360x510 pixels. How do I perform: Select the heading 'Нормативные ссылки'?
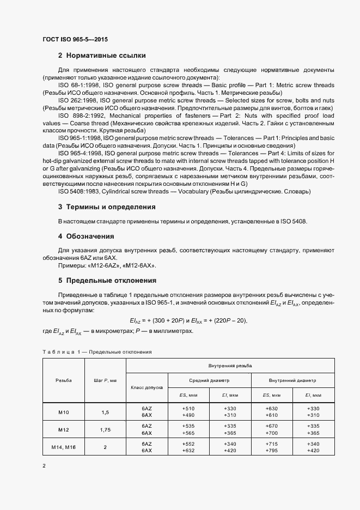106,55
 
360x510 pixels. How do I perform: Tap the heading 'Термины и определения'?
111,207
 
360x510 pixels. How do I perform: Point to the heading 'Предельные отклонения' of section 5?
111,281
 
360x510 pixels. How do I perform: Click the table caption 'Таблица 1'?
60,352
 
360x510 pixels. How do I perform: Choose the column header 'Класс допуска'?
146,387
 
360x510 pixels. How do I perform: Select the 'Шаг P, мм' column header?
105,380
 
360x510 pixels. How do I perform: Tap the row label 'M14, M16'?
63,447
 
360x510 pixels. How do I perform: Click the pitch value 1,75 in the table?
105,429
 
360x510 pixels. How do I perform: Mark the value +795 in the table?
272,451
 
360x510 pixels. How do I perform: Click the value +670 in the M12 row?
272,426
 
